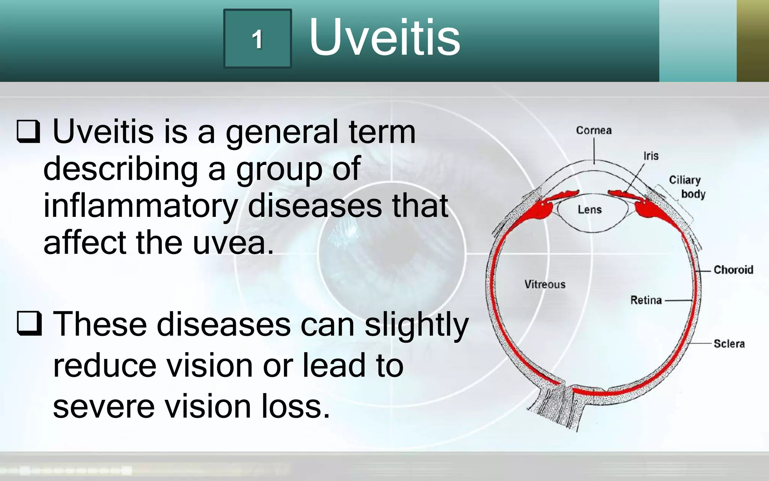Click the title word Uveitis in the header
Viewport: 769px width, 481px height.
click(x=384, y=38)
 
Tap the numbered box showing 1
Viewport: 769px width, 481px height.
click(x=258, y=39)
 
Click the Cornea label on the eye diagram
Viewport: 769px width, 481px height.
click(x=594, y=130)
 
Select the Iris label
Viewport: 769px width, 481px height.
click(x=651, y=156)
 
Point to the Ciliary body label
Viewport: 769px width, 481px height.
click(x=687, y=187)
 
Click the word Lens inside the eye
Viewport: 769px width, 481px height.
click(x=590, y=210)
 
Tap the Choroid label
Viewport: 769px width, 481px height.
click(x=733, y=270)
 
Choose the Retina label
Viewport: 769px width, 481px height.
click(x=646, y=300)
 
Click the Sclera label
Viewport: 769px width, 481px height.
click(x=729, y=343)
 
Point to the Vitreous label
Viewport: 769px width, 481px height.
click(x=544, y=284)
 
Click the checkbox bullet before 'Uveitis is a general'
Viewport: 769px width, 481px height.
click(x=29, y=132)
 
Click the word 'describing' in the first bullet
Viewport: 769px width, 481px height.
click(x=121, y=169)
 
